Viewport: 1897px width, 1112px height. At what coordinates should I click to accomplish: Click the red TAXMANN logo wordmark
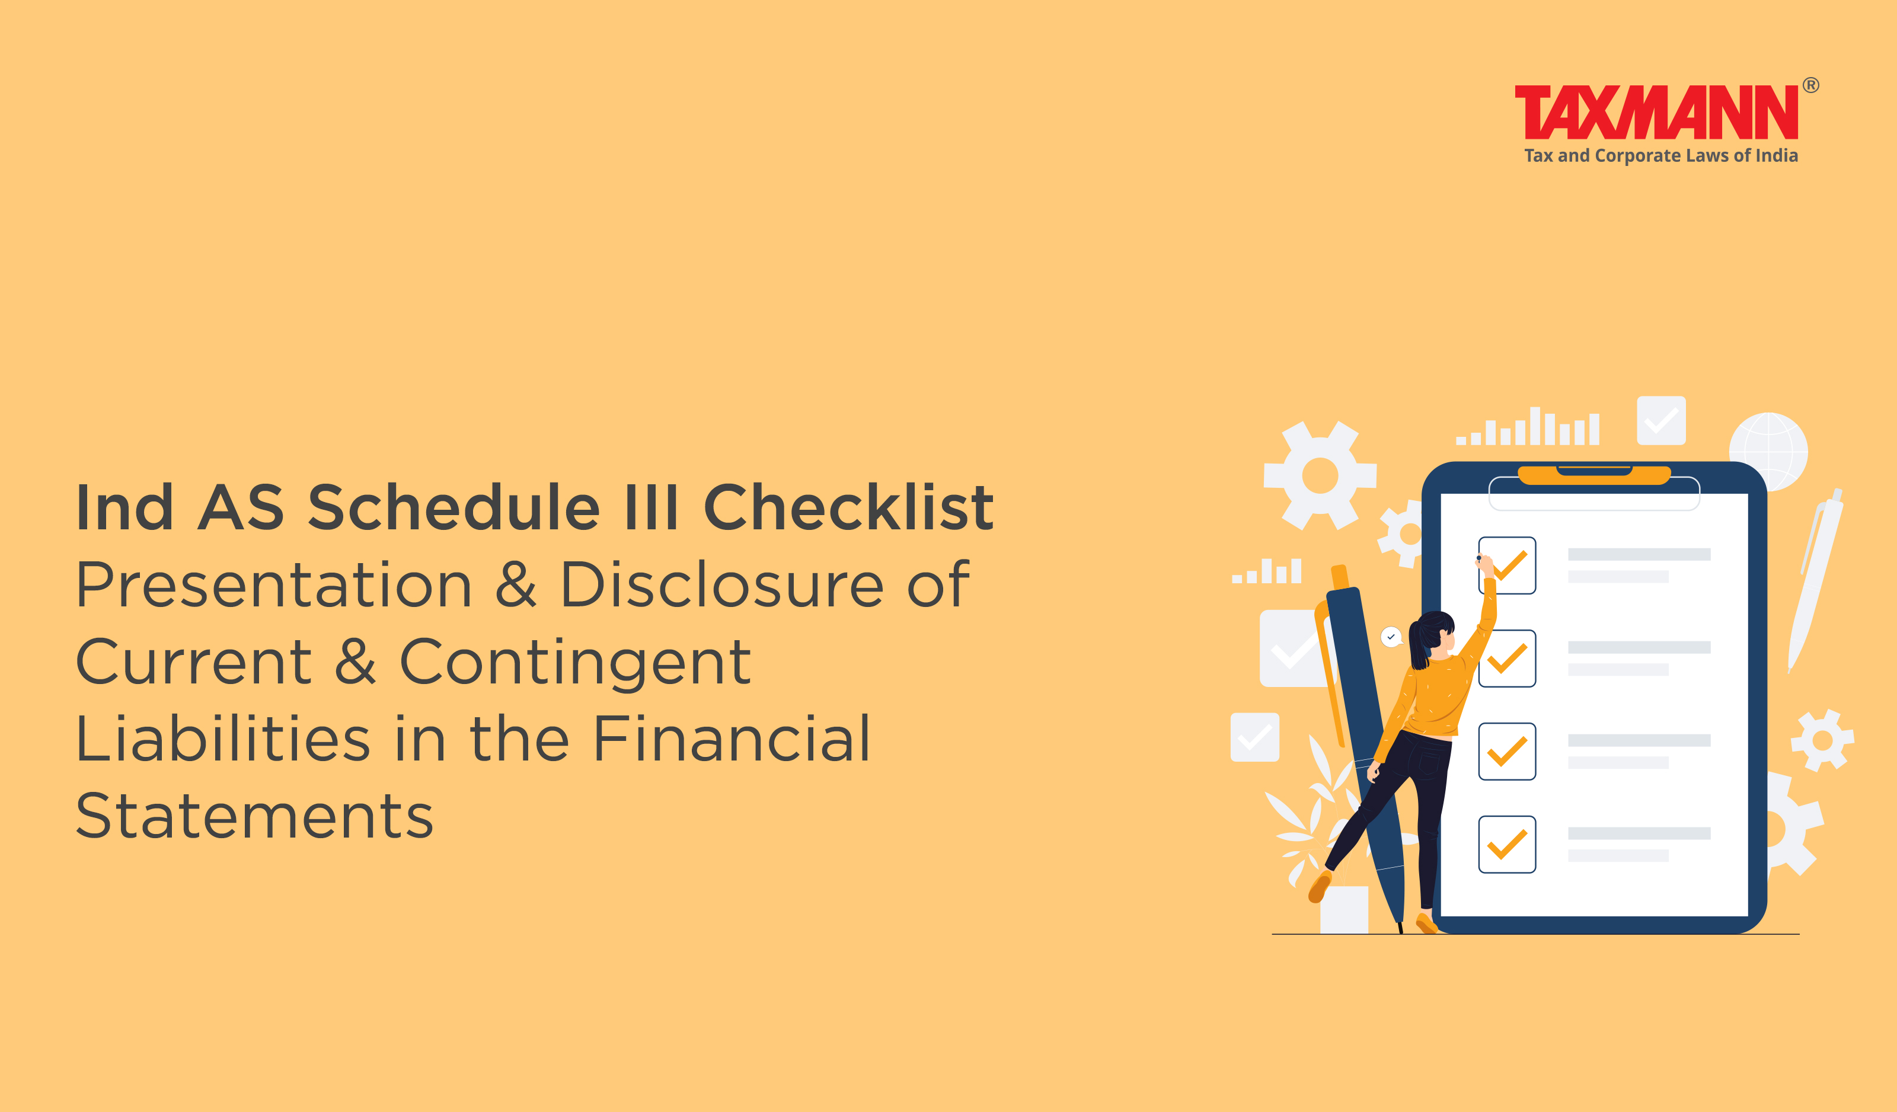point(1656,112)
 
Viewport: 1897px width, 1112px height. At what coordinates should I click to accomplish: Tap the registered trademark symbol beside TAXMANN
point(1810,85)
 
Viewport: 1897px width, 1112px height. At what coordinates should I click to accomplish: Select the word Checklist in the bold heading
point(848,507)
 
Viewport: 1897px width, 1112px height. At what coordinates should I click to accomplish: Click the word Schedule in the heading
point(454,507)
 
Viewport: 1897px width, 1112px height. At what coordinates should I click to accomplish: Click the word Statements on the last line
point(254,816)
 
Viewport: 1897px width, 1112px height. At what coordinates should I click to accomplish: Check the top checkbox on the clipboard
point(1507,565)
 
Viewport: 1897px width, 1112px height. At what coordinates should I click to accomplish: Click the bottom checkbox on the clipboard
point(1507,844)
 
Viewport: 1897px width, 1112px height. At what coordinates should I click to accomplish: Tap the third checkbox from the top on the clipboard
point(1507,752)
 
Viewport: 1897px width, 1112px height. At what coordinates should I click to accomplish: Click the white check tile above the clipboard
point(1662,420)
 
